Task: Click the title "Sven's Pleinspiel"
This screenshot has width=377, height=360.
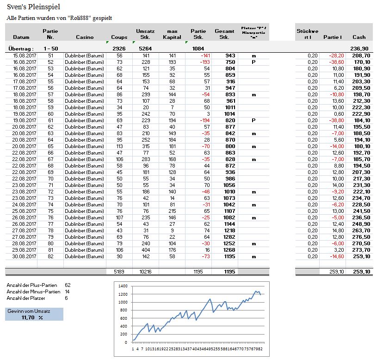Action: (x=33, y=7)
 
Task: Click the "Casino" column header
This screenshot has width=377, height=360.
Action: (x=85, y=37)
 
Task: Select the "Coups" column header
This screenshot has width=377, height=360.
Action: (x=119, y=37)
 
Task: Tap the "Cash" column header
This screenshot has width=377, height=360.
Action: (x=358, y=37)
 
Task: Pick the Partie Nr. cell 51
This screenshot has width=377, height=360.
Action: (x=50, y=56)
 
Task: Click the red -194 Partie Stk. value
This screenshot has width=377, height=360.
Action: (x=202, y=120)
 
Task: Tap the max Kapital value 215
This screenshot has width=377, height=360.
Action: (x=172, y=211)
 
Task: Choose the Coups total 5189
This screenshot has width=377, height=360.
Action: (x=119, y=272)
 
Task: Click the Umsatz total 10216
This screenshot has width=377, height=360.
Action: (x=145, y=272)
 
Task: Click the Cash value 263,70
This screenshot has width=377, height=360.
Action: (x=360, y=230)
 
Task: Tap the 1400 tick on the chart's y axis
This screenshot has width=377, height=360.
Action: (x=123, y=286)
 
